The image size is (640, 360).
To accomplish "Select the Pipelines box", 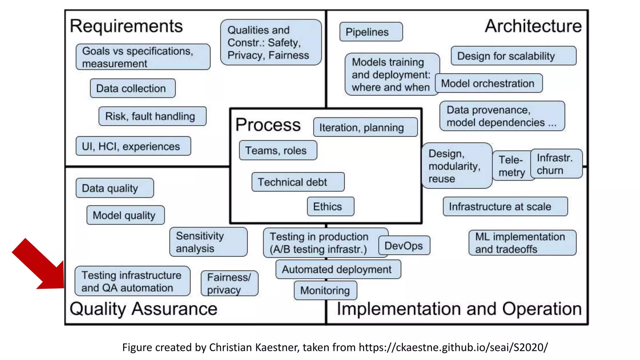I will coord(371,32).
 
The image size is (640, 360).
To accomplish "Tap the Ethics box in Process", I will coord(330,207).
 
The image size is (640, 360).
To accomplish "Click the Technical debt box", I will coord(298,182).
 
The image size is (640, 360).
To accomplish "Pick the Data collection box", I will coord(132,88).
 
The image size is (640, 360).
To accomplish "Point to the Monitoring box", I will coord(325,290).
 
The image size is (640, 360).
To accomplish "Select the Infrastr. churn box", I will coord(556,164).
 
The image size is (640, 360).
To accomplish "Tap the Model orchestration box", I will coord(488,83).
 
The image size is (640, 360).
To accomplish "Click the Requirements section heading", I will coord(126,26).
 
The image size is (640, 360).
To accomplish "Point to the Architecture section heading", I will coord(533,26).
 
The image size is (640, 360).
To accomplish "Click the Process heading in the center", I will coord(268,125).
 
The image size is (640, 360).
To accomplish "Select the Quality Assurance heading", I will coord(143,309).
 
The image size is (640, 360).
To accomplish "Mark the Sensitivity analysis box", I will coord(208,242).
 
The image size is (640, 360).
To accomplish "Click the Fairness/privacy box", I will coord(229,283).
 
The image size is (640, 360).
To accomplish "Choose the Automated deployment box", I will coord(338,269).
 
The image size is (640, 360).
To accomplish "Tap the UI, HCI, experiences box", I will coord(133,146).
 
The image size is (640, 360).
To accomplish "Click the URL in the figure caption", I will coord(453,347).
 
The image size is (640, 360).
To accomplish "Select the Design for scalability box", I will coord(513,56).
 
